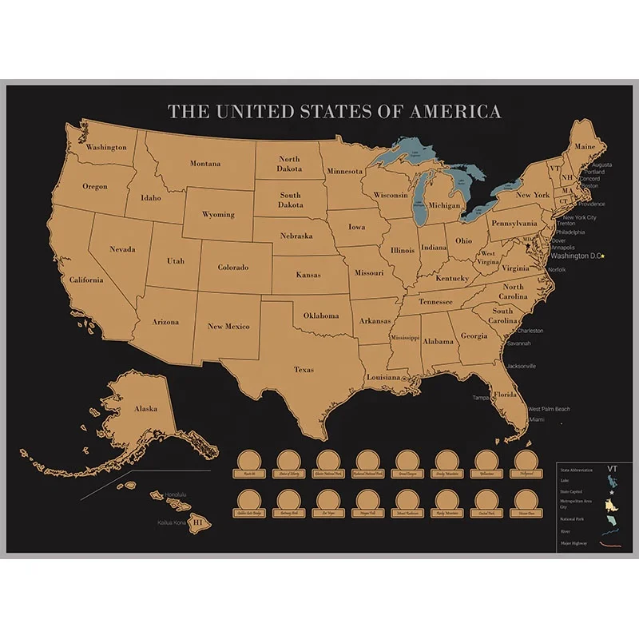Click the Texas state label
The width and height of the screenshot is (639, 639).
coord(304,370)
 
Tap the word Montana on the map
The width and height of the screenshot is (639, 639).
coord(205,164)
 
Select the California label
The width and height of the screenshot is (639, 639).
coord(85,280)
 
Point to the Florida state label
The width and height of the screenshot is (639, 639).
coord(505,395)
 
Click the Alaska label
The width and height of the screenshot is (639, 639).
coord(145,408)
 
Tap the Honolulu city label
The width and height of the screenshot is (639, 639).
coord(176,494)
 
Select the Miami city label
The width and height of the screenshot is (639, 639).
coord(537,419)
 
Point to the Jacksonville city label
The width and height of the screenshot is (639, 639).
coord(522,366)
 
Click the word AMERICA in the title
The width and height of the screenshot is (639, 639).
coord(455,112)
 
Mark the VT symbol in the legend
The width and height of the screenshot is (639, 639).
coord(613,470)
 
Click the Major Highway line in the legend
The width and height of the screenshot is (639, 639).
coord(611,544)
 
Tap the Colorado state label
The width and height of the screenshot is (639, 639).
coord(233,268)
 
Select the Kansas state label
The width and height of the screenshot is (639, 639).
coord(308,275)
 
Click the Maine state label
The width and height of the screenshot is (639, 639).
coord(585,147)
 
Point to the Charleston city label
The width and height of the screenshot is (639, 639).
coord(530,331)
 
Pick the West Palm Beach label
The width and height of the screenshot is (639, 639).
coord(550,410)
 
